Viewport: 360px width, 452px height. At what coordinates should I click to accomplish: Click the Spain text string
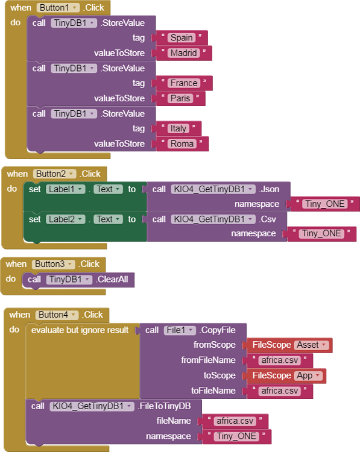182,38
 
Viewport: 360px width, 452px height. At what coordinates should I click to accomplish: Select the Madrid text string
184,53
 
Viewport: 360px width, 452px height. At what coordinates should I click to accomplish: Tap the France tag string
184,83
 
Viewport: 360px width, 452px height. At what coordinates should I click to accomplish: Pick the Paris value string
180,98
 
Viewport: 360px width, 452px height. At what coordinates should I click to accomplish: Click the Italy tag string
178,128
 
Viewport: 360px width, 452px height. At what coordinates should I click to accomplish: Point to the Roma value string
182,143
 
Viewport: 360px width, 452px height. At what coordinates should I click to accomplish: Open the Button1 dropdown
58,8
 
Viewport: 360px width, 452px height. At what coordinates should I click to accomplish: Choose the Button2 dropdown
54,174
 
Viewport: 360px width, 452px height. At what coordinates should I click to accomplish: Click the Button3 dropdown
53,264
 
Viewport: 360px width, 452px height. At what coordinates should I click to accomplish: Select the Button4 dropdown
57,315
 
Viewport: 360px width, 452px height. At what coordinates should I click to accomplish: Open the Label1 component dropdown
66,189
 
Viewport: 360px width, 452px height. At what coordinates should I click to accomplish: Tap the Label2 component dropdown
66,219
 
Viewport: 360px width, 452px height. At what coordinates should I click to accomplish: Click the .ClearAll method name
113,279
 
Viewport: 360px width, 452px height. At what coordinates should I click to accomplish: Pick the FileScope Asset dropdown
312,345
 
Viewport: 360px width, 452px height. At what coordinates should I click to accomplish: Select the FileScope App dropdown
308,375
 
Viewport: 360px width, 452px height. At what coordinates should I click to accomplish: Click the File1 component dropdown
180,330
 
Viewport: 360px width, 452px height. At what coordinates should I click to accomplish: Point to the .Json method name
270,189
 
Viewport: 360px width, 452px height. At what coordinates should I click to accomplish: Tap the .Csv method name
267,219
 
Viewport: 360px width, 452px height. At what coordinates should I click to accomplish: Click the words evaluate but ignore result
80,330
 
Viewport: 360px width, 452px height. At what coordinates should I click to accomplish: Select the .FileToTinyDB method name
164,406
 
